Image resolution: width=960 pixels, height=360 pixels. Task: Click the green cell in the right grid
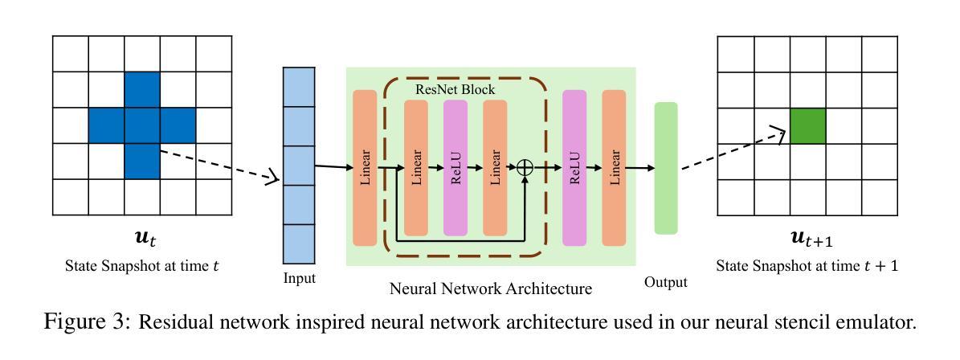808,126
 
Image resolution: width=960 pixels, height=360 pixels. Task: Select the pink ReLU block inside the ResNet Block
455,167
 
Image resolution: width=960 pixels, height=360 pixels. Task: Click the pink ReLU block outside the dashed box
574,167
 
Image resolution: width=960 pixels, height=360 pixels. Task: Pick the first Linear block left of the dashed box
365,167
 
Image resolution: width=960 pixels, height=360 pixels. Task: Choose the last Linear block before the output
614,167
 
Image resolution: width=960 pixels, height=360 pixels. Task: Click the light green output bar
666,167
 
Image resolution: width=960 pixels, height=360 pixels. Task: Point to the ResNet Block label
455,89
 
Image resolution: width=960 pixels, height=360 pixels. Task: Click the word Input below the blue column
299,279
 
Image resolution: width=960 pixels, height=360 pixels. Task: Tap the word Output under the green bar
666,282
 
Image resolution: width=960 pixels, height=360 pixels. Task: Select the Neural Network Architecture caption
490,288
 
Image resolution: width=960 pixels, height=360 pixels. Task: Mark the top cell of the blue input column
299,87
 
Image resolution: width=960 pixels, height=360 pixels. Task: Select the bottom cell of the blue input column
299,243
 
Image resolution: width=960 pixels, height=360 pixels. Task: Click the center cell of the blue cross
142,126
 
